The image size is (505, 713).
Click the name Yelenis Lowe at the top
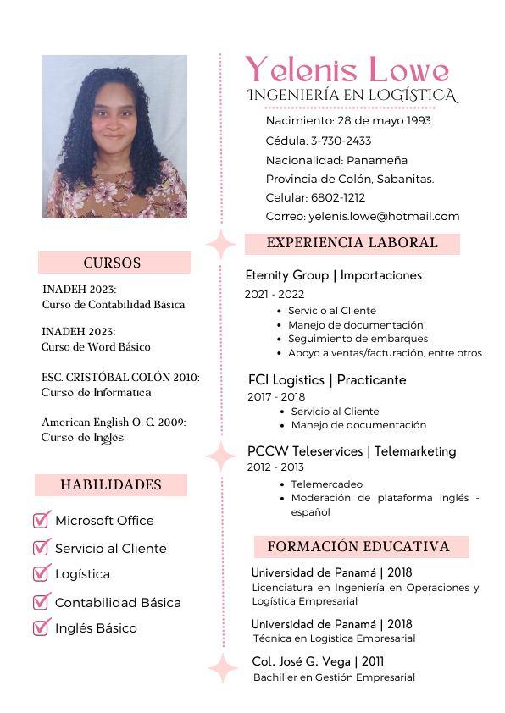tap(347, 70)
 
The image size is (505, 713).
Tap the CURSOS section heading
tap(113, 263)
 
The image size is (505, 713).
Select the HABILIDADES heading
tap(111, 485)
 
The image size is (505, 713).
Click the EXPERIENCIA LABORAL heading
tap(352, 244)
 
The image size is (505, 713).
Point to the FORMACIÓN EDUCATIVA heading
tap(358, 546)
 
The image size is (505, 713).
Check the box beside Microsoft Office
tap(42, 520)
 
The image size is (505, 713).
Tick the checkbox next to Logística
tap(42, 573)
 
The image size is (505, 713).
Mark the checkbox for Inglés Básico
tap(42, 627)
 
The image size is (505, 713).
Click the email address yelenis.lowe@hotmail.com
tap(384, 216)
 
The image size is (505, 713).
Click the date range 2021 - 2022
tap(275, 295)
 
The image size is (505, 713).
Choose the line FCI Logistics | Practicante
tap(327, 379)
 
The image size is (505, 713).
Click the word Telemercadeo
tap(326, 484)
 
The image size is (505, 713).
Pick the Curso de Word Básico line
tap(96, 346)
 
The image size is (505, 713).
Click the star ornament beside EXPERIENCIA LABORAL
tap(221, 244)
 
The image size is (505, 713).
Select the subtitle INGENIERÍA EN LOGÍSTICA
tap(352, 96)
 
